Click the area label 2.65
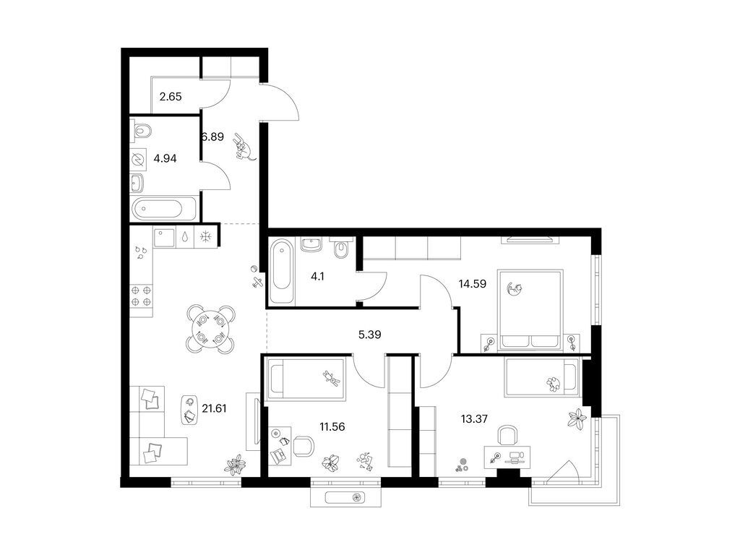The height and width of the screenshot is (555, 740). click(171, 97)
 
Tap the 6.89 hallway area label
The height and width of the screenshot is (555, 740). click(213, 137)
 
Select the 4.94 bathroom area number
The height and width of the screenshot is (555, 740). click(165, 158)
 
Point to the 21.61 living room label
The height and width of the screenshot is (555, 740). click(214, 408)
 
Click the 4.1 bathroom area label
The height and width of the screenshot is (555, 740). click(318, 277)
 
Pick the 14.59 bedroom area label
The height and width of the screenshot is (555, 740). click(473, 283)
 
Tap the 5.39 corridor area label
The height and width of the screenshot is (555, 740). click(369, 335)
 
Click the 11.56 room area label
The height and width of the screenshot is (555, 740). click(332, 426)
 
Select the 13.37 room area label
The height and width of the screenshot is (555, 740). click(474, 418)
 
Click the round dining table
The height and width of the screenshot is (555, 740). click(210, 330)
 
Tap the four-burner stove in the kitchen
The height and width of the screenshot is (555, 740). click(142, 296)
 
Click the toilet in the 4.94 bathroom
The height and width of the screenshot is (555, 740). click(141, 130)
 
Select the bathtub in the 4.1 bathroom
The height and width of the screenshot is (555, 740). click(281, 270)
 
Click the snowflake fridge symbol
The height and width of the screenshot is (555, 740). click(205, 236)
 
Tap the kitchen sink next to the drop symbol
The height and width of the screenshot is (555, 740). click(164, 236)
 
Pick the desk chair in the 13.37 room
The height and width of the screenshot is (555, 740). click(508, 434)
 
